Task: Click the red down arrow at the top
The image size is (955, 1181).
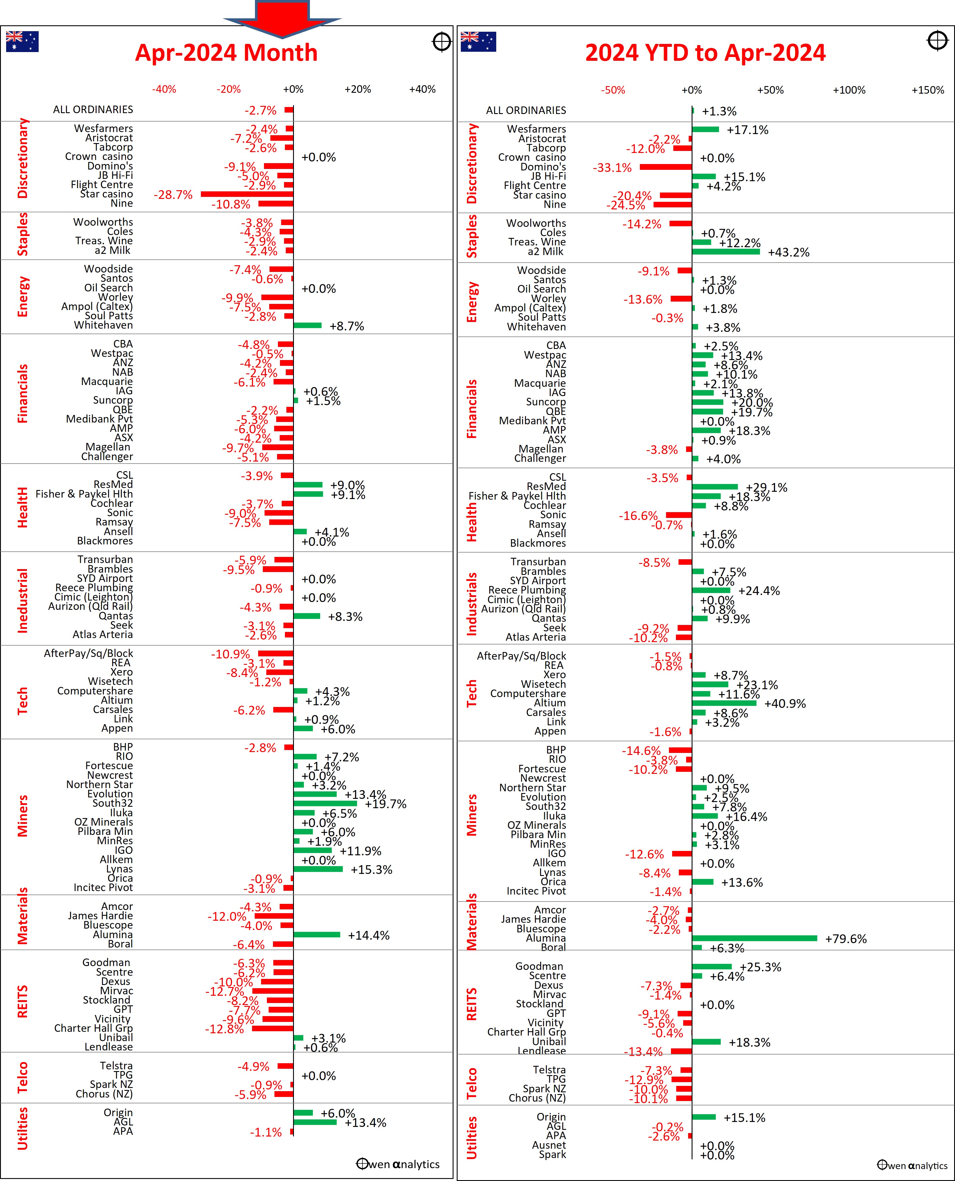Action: pos(282,18)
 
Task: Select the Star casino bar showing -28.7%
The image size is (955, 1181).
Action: pos(247,194)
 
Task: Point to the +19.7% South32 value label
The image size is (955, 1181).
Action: pos(385,804)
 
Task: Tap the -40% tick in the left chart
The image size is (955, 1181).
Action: pos(164,89)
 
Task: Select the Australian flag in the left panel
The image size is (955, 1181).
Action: pos(22,41)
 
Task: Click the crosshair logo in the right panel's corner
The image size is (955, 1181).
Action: pos(937,41)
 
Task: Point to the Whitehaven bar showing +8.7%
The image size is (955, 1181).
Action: pos(308,325)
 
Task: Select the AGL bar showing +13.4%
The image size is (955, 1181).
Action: pos(315,1122)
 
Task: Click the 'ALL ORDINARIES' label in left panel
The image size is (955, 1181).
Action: pos(93,110)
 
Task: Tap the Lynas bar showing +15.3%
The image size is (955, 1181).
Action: pos(318,870)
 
